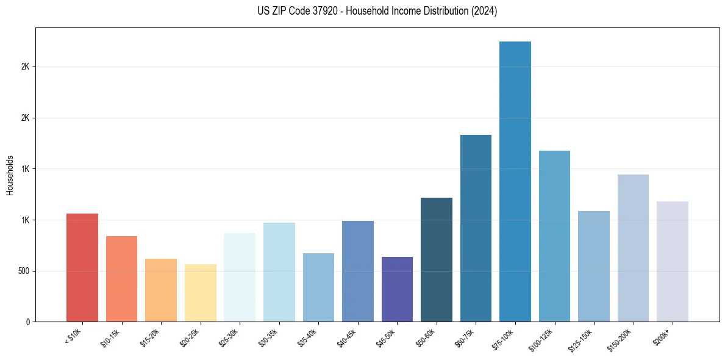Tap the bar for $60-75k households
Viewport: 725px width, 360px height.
[476, 228]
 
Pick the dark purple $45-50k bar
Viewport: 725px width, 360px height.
[397, 289]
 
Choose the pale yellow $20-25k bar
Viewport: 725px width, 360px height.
[201, 293]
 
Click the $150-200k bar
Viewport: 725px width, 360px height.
[633, 248]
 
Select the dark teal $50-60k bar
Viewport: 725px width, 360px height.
[437, 259]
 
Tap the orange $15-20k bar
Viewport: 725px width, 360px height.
[161, 290]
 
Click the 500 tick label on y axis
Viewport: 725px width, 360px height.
[24, 271]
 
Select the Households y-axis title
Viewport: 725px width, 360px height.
[10, 175]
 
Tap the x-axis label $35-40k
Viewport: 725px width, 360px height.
[309, 337]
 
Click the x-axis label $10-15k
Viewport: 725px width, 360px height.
[112, 337]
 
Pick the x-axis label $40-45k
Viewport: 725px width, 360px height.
[348, 337]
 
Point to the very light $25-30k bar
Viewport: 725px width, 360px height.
[240, 277]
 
